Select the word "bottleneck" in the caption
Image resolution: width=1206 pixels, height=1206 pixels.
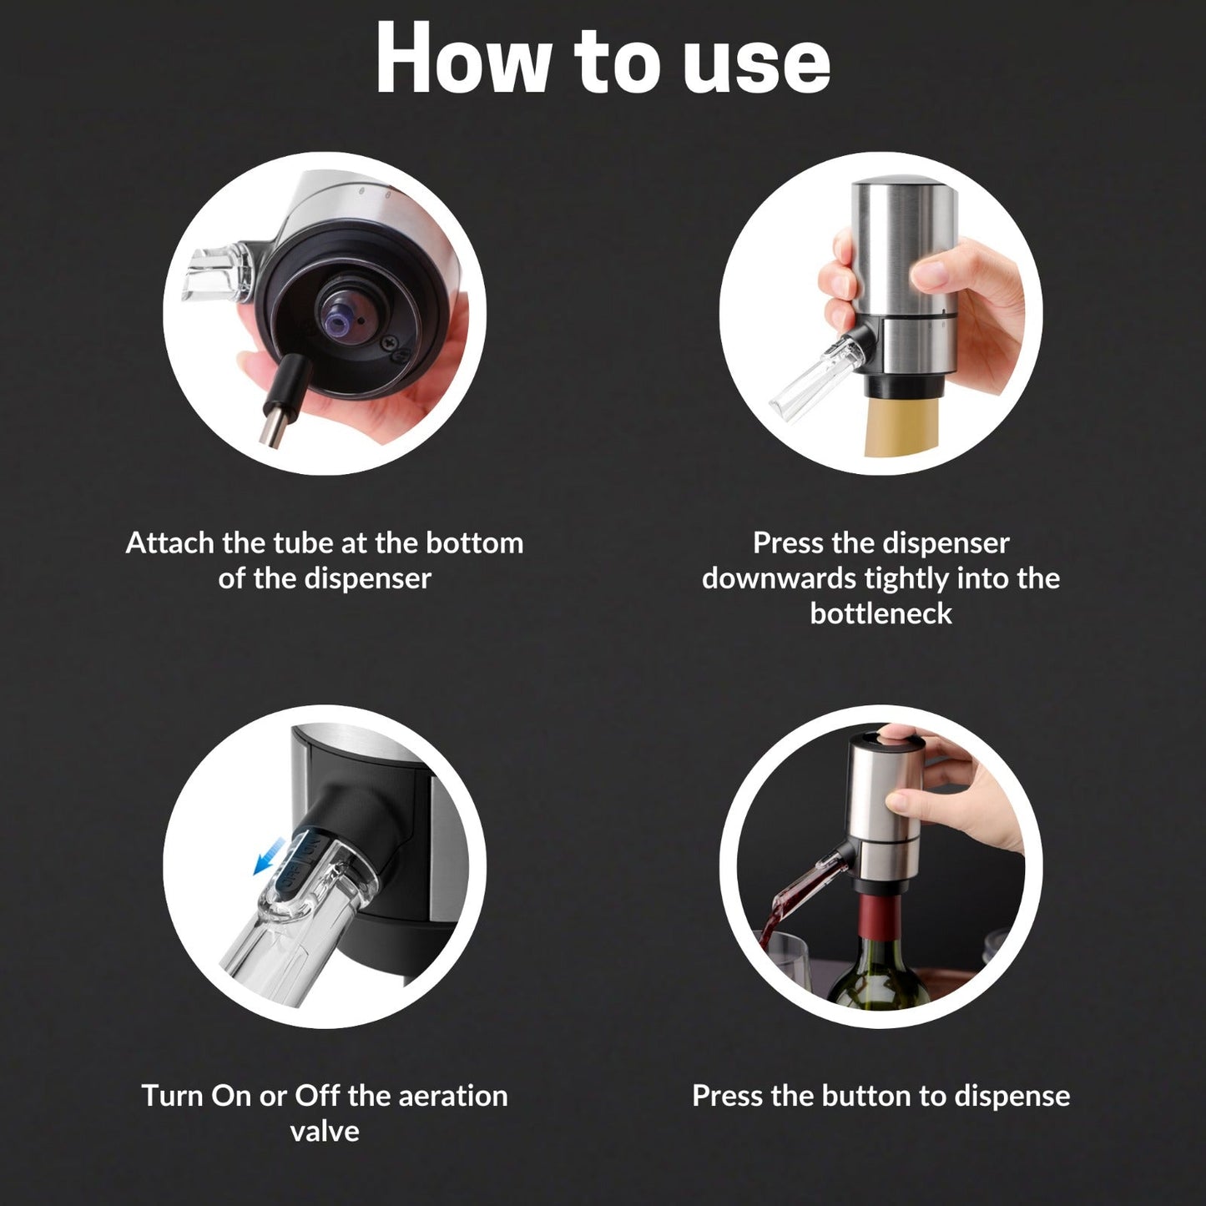tap(881, 613)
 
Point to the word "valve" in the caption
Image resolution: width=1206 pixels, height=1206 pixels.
tap(325, 1131)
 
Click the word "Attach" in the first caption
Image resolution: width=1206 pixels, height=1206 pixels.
tap(169, 543)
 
